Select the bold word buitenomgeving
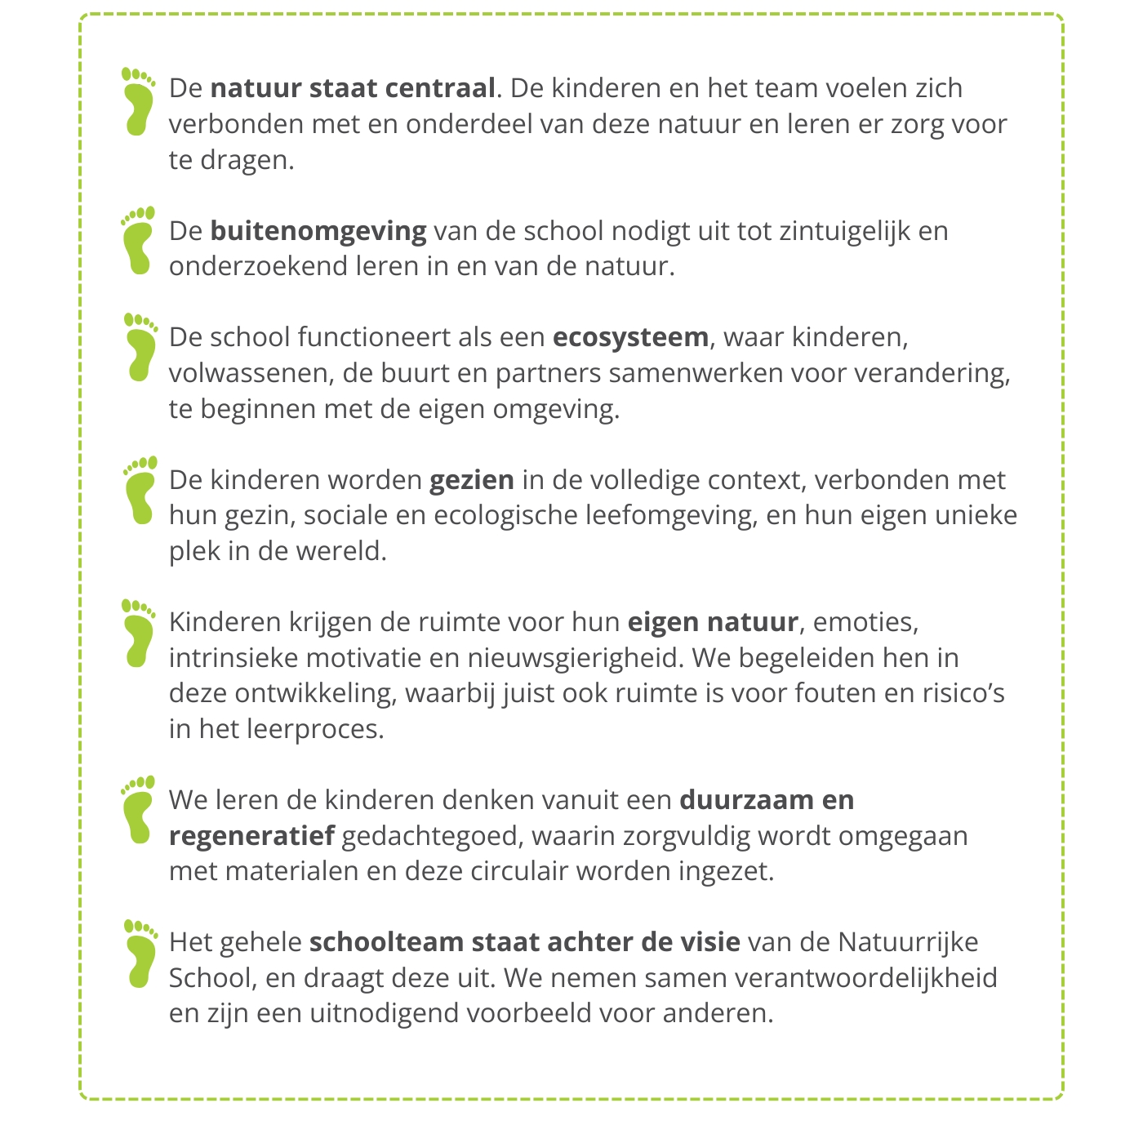[x=318, y=231]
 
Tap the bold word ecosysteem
[x=630, y=337]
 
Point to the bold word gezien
[x=472, y=480]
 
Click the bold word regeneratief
[x=251, y=836]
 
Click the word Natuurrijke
[x=908, y=942]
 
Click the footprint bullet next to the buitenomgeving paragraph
[x=139, y=241]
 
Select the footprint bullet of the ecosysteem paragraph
[x=140, y=347]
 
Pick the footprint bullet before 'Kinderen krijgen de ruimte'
[x=139, y=633]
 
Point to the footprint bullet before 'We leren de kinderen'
[x=139, y=809]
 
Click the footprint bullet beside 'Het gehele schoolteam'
[x=140, y=953]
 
